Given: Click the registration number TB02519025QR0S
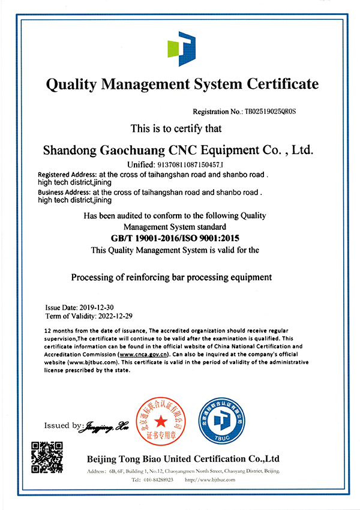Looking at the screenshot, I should click(271, 112).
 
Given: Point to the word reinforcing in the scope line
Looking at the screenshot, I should click(148, 277).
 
